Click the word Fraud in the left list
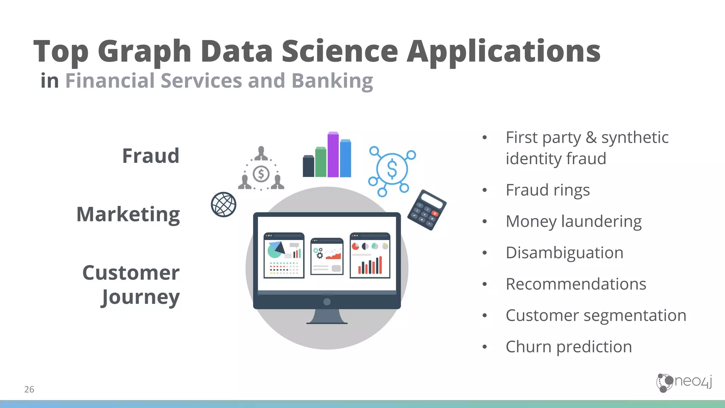coord(151,156)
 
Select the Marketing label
coord(128,215)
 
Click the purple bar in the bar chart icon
coord(333,155)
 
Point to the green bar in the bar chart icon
coord(321,162)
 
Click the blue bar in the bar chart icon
coord(346,158)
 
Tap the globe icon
coord(223,205)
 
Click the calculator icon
coord(427,210)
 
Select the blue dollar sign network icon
coord(392,169)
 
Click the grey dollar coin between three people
coord(261,174)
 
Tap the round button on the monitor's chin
coord(327,302)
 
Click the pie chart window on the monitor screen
coord(284,255)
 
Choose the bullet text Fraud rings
coord(547,190)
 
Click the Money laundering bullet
coord(573,222)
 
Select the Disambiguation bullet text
coord(564,253)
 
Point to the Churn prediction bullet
coord(569,347)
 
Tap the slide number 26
coord(29,390)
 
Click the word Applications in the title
coord(503,52)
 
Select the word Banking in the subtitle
coord(332,81)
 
